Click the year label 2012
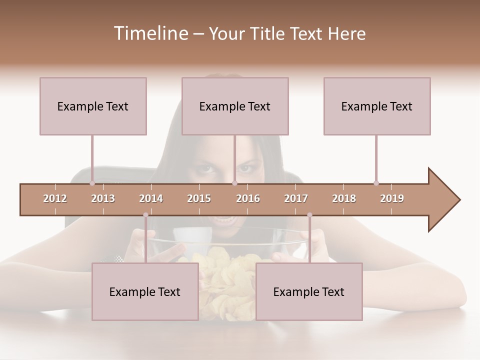coord(55,198)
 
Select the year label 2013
coord(103,198)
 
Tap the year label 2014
coord(151,198)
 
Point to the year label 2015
coord(199,198)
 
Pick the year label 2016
coord(248,198)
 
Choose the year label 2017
coord(296,198)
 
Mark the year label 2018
coord(344,198)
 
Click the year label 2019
coord(392,198)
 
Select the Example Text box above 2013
coord(93,106)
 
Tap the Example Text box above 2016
coord(235,106)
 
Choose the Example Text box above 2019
coord(377,106)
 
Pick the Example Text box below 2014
coord(145,291)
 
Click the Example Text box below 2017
coord(309,291)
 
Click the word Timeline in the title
coord(149,33)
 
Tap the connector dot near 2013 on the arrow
coord(92,183)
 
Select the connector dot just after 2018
coord(376,183)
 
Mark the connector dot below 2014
coord(145,215)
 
